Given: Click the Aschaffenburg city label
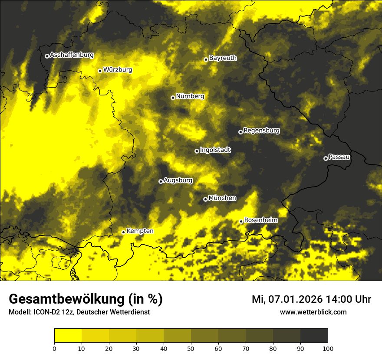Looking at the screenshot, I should (x=72, y=55).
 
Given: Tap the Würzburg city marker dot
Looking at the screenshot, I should (x=100, y=71).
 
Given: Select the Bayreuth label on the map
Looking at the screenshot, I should (x=223, y=58).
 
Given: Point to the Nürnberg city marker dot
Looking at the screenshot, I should (x=173, y=98).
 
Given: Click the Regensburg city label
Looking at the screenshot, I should (x=261, y=131).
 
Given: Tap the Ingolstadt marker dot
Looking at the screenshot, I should (x=197, y=151).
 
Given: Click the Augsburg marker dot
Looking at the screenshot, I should (x=161, y=181).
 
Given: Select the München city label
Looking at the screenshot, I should (x=222, y=198).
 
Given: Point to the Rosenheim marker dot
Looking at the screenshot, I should (x=241, y=221).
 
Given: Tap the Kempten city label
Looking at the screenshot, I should (x=140, y=231).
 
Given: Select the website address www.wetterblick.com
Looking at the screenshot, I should (x=313, y=312).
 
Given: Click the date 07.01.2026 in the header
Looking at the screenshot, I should (x=293, y=299).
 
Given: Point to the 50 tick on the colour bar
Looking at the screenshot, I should (x=191, y=348).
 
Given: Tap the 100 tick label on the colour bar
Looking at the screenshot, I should (x=328, y=348).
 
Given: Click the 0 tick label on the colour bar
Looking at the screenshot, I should (x=54, y=348).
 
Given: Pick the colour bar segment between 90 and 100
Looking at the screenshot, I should (x=314, y=336).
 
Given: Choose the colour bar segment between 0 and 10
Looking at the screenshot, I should (x=68, y=336).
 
